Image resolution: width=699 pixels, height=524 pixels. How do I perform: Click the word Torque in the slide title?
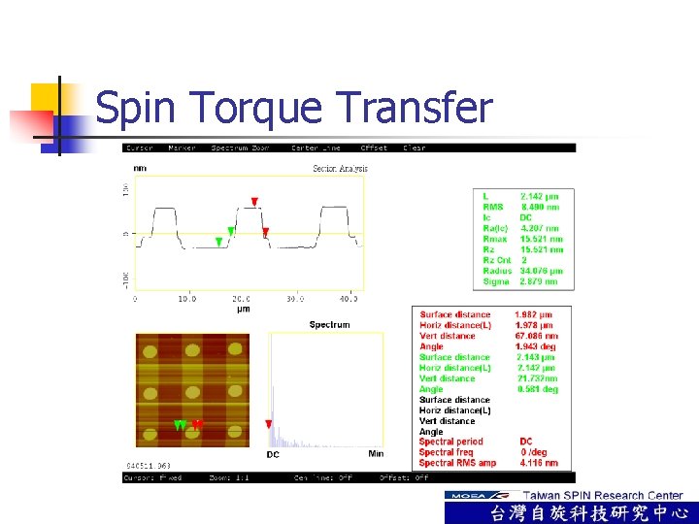247,110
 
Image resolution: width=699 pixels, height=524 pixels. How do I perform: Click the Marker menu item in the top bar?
182,148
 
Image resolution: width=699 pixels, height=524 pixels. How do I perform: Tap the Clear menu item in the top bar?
415,148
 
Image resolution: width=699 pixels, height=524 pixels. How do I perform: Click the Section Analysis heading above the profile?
340,169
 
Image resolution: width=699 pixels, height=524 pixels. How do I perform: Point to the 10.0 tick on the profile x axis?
186,299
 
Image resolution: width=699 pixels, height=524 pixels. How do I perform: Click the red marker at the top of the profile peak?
254,202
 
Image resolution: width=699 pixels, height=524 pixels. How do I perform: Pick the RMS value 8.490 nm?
540,207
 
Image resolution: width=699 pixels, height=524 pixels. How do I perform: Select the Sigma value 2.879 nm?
539,281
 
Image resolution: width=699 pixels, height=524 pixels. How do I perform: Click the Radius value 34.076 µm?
541,271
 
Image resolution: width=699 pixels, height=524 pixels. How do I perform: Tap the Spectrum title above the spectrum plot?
329,324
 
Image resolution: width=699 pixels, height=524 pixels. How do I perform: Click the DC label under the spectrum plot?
274,454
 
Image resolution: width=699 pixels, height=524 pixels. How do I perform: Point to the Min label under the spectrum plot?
376,454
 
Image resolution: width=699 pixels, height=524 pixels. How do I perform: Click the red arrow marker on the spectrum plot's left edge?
269,424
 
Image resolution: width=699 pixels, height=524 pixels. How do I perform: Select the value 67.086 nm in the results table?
537,336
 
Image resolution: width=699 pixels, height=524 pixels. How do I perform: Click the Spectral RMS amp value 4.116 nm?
538,463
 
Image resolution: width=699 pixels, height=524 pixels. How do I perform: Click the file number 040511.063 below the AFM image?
149,467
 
